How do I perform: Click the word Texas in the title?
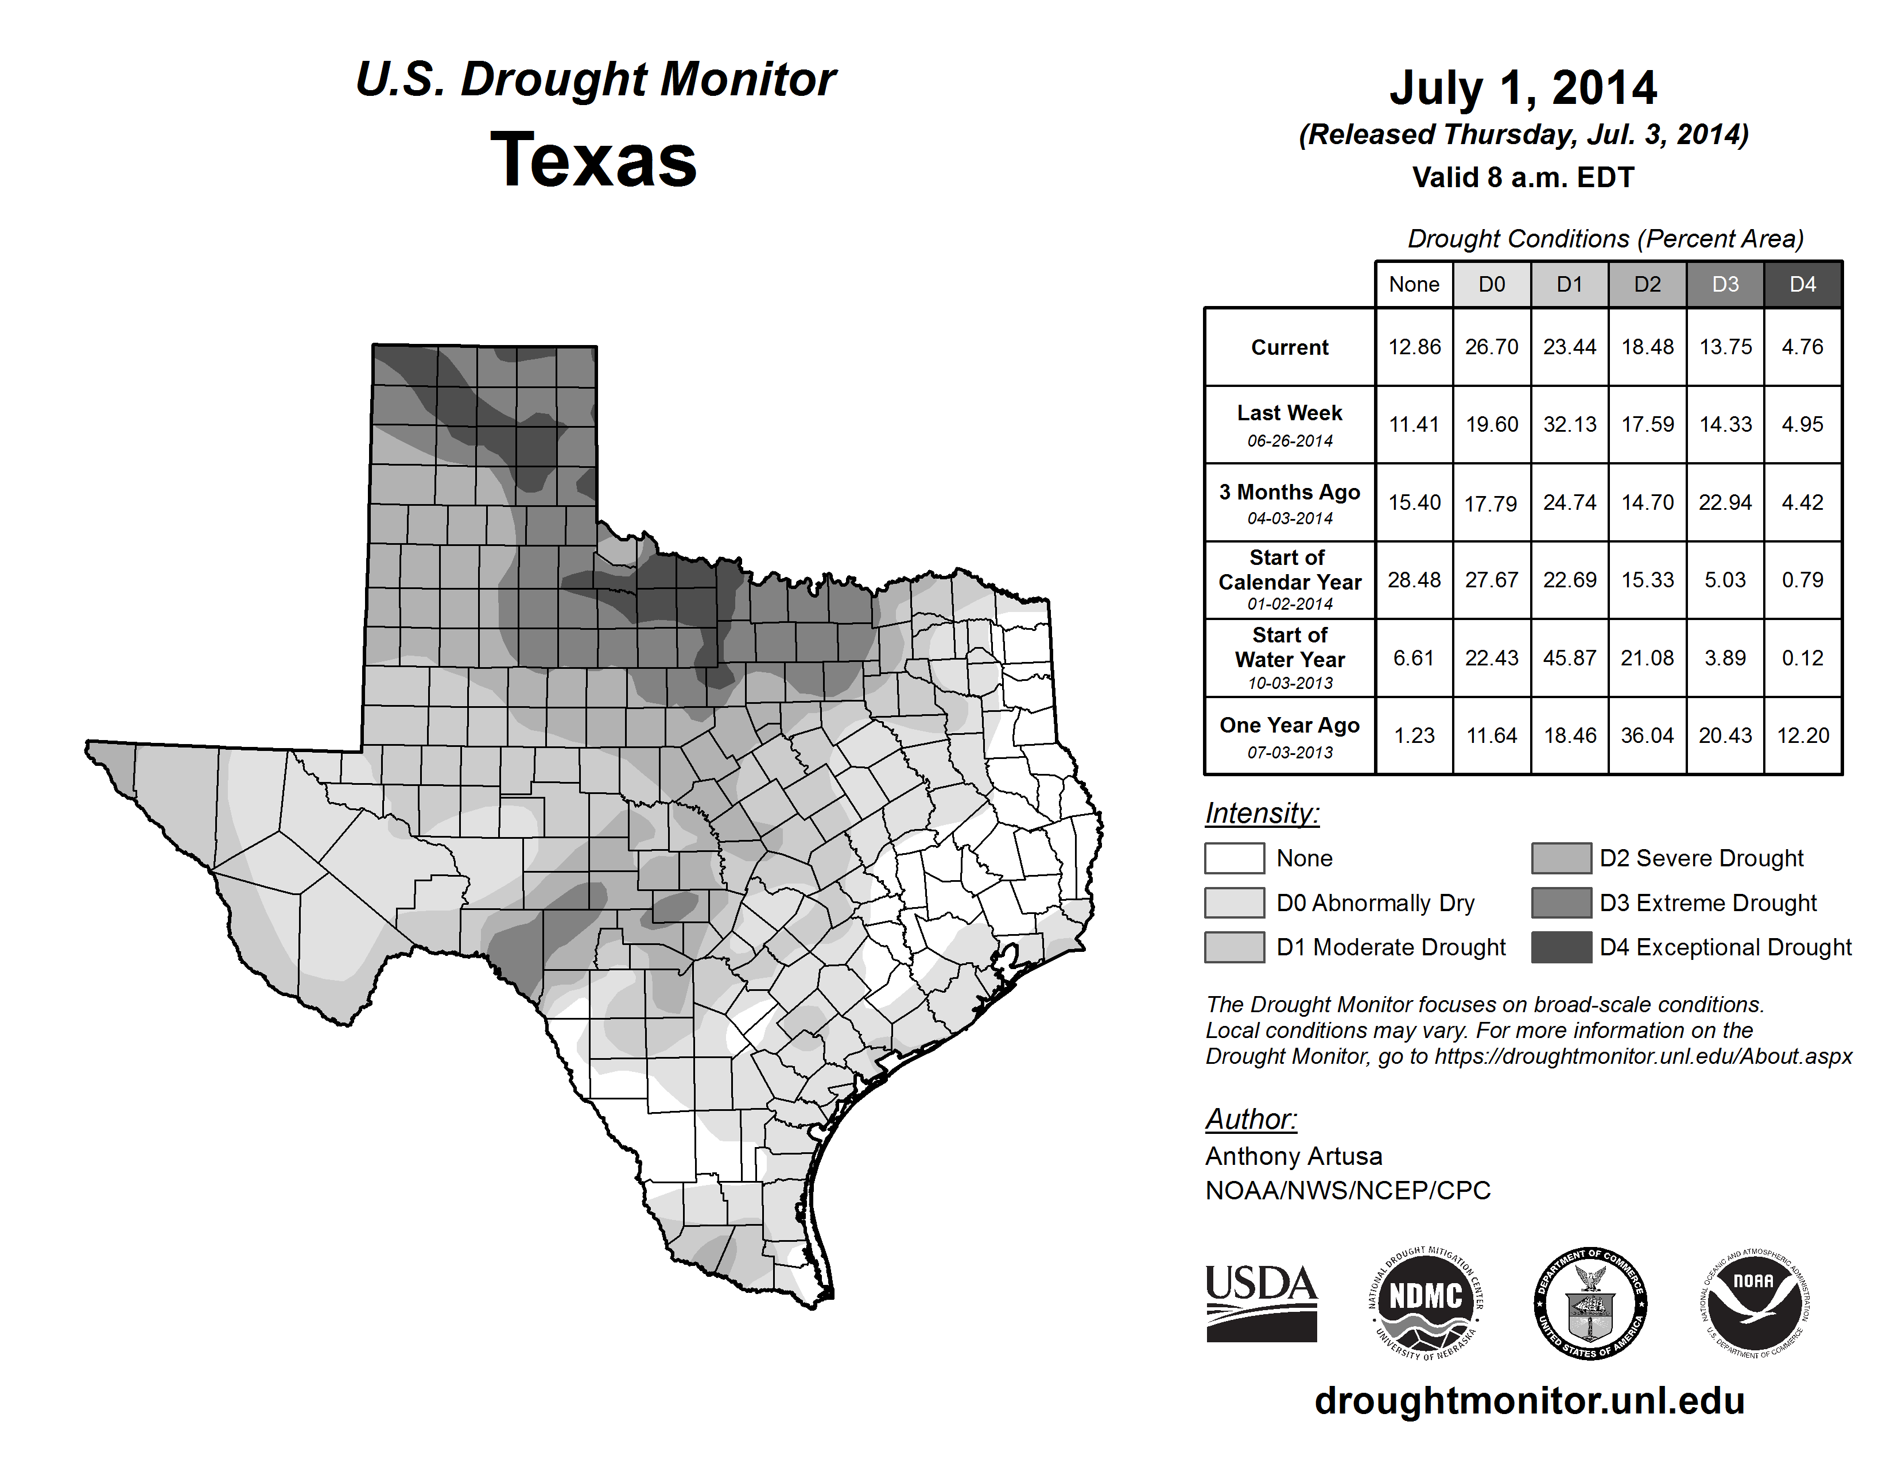[x=593, y=160]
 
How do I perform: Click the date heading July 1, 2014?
[x=1523, y=88]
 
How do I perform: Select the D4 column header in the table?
[x=1802, y=284]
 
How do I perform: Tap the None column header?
[x=1414, y=284]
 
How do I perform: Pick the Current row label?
[x=1290, y=347]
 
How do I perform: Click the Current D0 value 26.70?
[x=1492, y=347]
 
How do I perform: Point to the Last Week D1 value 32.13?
[x=1570, y=424]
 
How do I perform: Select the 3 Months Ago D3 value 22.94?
[x=1725, y=502]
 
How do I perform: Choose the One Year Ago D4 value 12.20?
[x=1803, y=735]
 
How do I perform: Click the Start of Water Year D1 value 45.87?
[x=1570, y=659]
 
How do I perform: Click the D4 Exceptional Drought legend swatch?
[x=1561, y=947]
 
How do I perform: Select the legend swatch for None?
[x=1234, y=858]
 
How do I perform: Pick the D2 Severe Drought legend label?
[x=1702, y=858]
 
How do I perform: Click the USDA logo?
[x=1261, y=1303]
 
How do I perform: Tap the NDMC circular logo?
[x=1426, y=1303]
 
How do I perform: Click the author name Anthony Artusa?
[x=1293, y=1156]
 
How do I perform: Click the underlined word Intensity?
[x=1262, y=814]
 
